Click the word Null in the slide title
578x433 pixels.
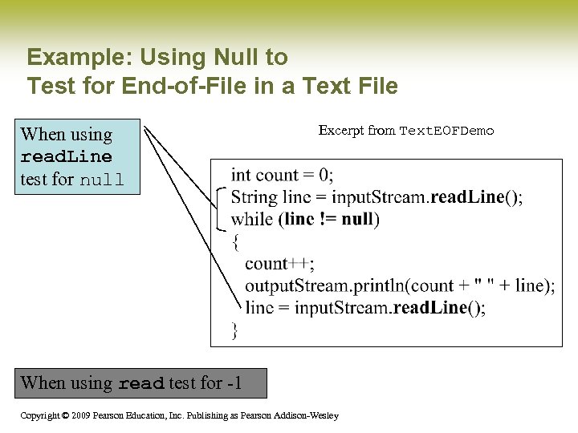[237, 58]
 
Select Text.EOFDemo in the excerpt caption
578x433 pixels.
[446, 131]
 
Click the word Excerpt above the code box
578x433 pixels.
[341, 130]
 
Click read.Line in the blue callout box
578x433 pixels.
[66, 156]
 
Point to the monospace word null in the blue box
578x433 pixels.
[101, 180]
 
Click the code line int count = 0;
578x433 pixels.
[283, 175]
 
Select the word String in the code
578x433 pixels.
[253, 197]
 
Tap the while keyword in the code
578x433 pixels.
[252, 219]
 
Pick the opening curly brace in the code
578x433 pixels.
[235, 241]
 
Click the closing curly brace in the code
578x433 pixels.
[235, 330]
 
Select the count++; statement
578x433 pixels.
[279, 264]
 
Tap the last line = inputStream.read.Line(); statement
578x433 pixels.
[365, 308]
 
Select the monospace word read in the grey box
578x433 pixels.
[140, 384]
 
